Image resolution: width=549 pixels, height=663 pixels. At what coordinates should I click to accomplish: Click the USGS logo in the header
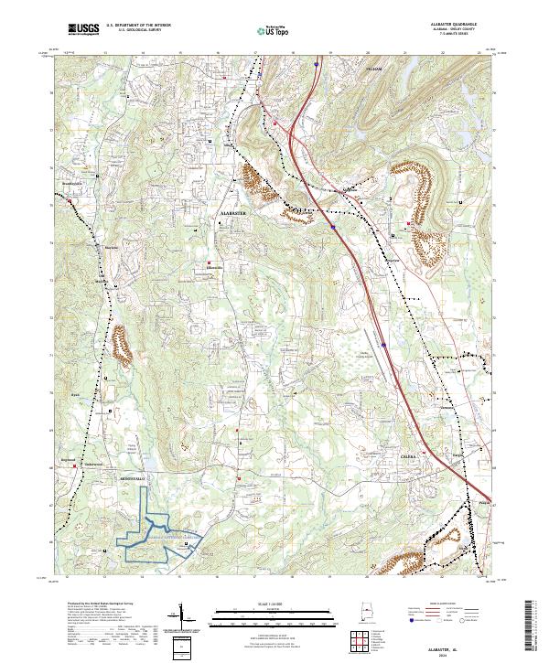tap(83, 30)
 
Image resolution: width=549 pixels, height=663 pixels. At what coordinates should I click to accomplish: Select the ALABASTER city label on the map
tap(234, 210)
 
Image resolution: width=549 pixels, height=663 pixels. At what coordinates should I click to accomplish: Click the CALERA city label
tap(407, 454)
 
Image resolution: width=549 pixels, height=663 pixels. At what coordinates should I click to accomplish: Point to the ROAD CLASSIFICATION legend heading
tap(454, 604)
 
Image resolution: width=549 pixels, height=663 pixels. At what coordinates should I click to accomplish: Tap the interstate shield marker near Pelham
tap(316, 65)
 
